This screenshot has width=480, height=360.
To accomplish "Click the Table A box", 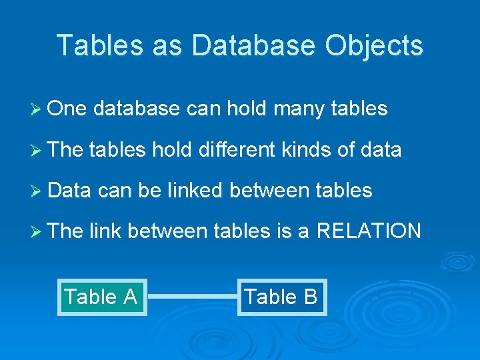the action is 101,297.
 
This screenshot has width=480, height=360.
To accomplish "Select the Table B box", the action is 281,296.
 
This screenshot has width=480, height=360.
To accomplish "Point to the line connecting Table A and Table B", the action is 192,297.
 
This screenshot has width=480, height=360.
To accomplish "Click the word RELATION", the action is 369,231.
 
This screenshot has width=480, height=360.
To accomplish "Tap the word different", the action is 236,150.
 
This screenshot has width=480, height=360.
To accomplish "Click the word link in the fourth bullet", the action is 104,231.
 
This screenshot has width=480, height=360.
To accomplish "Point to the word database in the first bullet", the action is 137,109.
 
